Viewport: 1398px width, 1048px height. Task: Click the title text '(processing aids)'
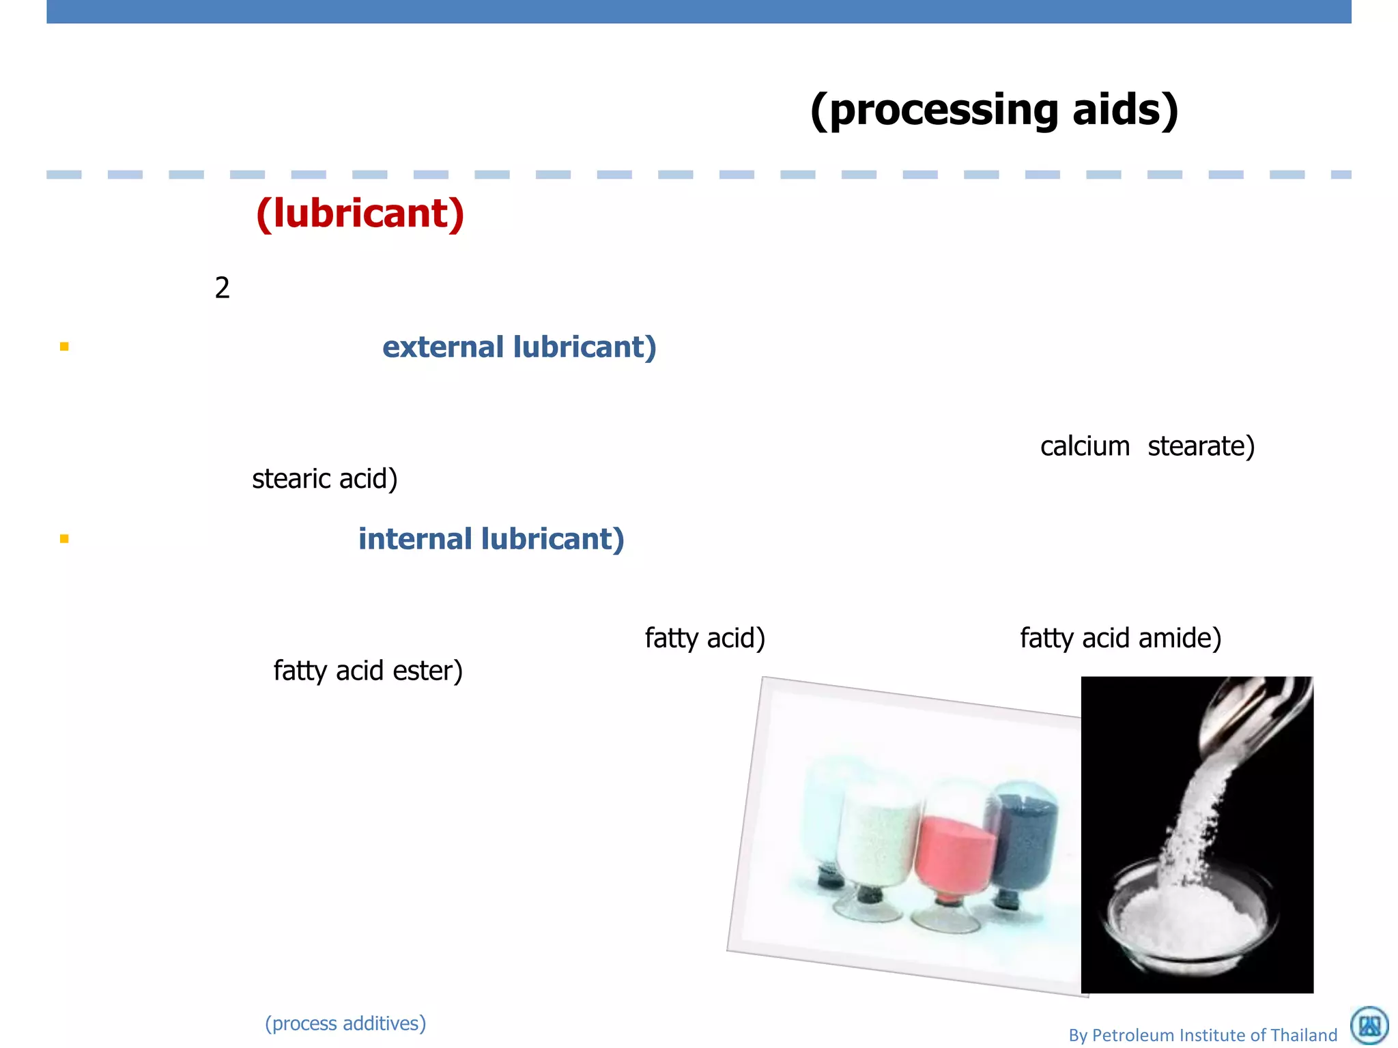(x=994, y=111)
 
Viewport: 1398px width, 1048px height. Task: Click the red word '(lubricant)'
(x=360, y=214)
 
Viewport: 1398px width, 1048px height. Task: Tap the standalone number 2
(x=222, y=288)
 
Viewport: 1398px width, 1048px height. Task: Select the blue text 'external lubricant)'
(x=519, y=347)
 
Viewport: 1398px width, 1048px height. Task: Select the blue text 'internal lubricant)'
(x=491, y=539)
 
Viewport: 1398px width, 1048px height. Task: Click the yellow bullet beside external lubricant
(x=64, y=347)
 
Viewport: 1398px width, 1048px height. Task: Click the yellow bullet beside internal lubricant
(x=64, y=539)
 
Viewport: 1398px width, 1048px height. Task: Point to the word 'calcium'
(x=1085, y=446)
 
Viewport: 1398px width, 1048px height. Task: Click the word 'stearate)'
(x=1201, y=446)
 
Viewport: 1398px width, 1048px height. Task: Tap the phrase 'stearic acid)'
(x=324, y=479)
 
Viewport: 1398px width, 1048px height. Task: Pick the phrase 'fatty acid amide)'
(x=1120, y=639)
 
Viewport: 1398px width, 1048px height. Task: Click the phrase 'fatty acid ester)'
(x=368, y=671)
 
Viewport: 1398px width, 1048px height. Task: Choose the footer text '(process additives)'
(x=345, y=1023)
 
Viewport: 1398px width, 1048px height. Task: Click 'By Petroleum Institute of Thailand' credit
(x=1202, y=1035)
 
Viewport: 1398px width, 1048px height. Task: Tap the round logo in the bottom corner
(x=1369, y=1025)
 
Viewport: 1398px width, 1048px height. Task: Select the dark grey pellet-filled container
(x=1024, y=839)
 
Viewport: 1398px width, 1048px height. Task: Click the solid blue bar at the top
(x=699, y=12)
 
